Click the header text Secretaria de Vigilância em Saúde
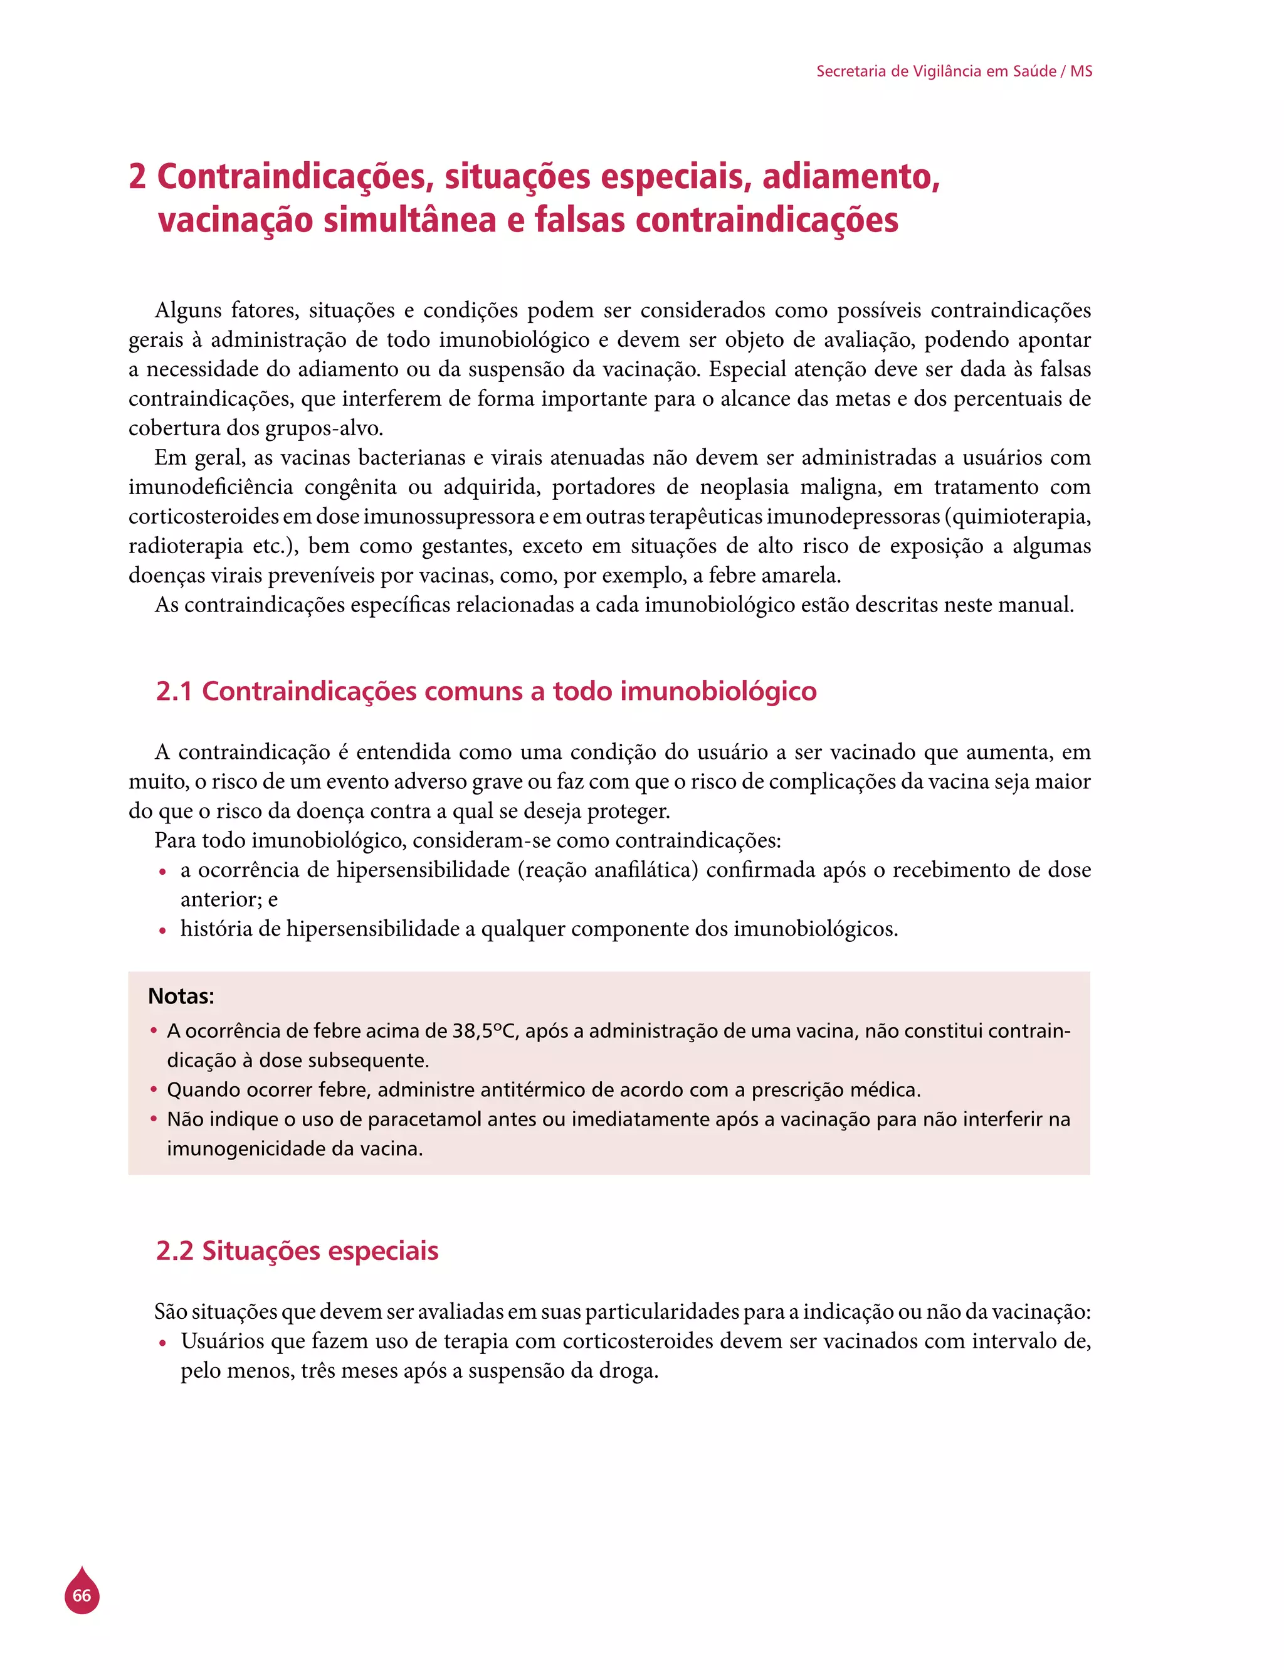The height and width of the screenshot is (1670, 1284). click(935, 71)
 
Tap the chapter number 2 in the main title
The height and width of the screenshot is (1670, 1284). click(137, 177)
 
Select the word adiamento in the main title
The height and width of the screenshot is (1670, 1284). click(850, 177)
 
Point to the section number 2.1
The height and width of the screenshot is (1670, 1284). click(174, 691)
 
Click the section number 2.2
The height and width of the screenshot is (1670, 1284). click(174, 1250)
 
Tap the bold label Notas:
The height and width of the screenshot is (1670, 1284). click(181, 996)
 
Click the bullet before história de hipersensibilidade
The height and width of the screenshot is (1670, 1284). click(162, 930)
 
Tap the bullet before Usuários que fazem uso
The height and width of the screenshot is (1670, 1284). click(162, 1342)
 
